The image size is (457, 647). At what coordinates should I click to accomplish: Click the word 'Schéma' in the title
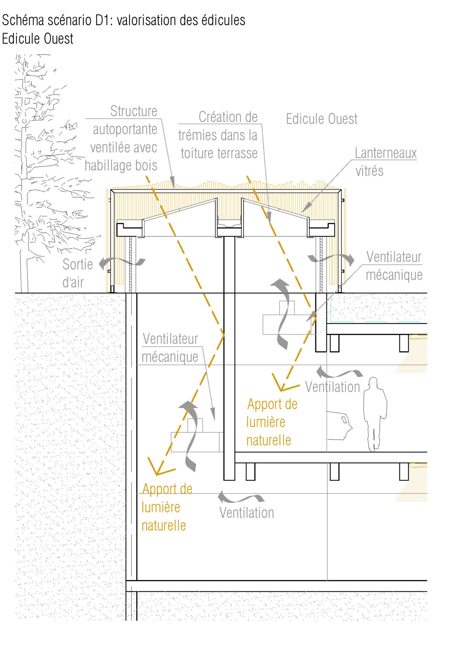(x=24, y=21)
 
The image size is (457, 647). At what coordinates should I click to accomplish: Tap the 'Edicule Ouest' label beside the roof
(x=321, y=119)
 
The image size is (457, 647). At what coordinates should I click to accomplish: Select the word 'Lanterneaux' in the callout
(x=385, y=153)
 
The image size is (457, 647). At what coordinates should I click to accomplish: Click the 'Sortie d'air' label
(x=77, y=273)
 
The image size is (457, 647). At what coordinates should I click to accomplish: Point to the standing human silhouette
(x=375, y=413)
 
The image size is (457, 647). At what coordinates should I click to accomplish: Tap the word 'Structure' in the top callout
(x=134, y=111)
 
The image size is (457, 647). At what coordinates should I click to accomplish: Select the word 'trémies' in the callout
(x=196, y=136)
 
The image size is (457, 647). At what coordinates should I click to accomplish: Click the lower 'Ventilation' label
(x=246, y=513)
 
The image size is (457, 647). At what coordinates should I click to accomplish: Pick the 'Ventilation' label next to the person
(x=332, y=387)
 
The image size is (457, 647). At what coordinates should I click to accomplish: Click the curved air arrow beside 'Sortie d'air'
(x=122, y=262)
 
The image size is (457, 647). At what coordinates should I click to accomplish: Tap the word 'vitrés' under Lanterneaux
(x=369, y=171)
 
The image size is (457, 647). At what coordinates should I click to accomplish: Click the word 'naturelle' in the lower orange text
(x=163, y=526)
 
